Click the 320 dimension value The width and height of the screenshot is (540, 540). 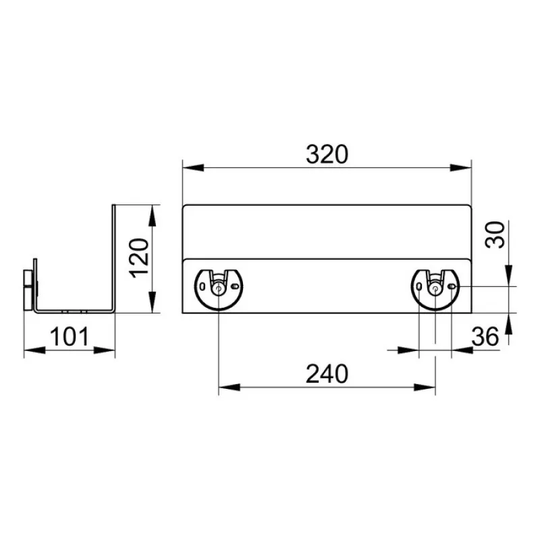[x=327, y=155]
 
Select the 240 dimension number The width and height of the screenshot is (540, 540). [x=327, y=374]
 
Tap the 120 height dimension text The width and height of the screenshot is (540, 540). [x=139, y=258]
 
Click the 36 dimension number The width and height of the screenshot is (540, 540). [x=485, y=336]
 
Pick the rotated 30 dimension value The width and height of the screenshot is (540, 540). [x=495, y=234]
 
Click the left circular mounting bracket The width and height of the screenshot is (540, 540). [x=219, y=290]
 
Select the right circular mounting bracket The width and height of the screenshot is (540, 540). [x=435, y=290]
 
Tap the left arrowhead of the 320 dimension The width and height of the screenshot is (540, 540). [x=193, y=167]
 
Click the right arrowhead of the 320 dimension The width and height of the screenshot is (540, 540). [x=460, y=167]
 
